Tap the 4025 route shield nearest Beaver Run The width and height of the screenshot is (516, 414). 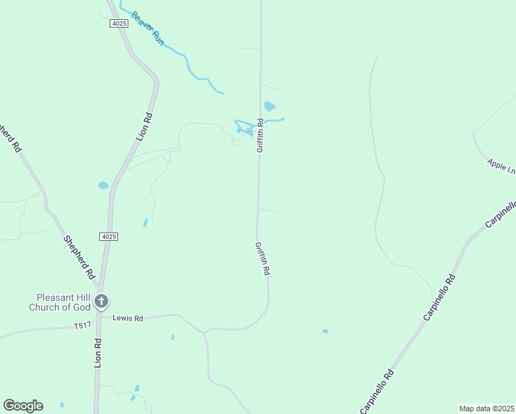tap(119, 23)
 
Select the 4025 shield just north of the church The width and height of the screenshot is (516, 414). tap(108, 237)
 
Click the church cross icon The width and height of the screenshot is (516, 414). tap(101, 301)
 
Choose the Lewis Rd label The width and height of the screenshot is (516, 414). tap(128, 318)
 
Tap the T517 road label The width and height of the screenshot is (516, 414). tap(82, 326)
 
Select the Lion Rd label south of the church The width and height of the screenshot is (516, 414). tap(98, 352)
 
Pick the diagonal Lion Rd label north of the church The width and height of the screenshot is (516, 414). tap(143, 127)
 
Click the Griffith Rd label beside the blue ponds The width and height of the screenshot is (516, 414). tap(260, 136)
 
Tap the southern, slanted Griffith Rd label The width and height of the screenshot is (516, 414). tap(261, 259)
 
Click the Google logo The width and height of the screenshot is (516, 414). tap(23, 406)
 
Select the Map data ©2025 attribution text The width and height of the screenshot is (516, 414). tap(487, 408)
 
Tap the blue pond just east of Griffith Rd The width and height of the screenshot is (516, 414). tap(269, 106)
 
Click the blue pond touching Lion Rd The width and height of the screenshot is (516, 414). tap(103, 185)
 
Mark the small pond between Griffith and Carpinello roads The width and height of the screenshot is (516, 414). tap(325, 331)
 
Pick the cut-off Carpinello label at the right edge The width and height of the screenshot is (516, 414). tap(501, 215)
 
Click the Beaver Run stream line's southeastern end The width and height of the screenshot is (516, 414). tap(221, 92)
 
